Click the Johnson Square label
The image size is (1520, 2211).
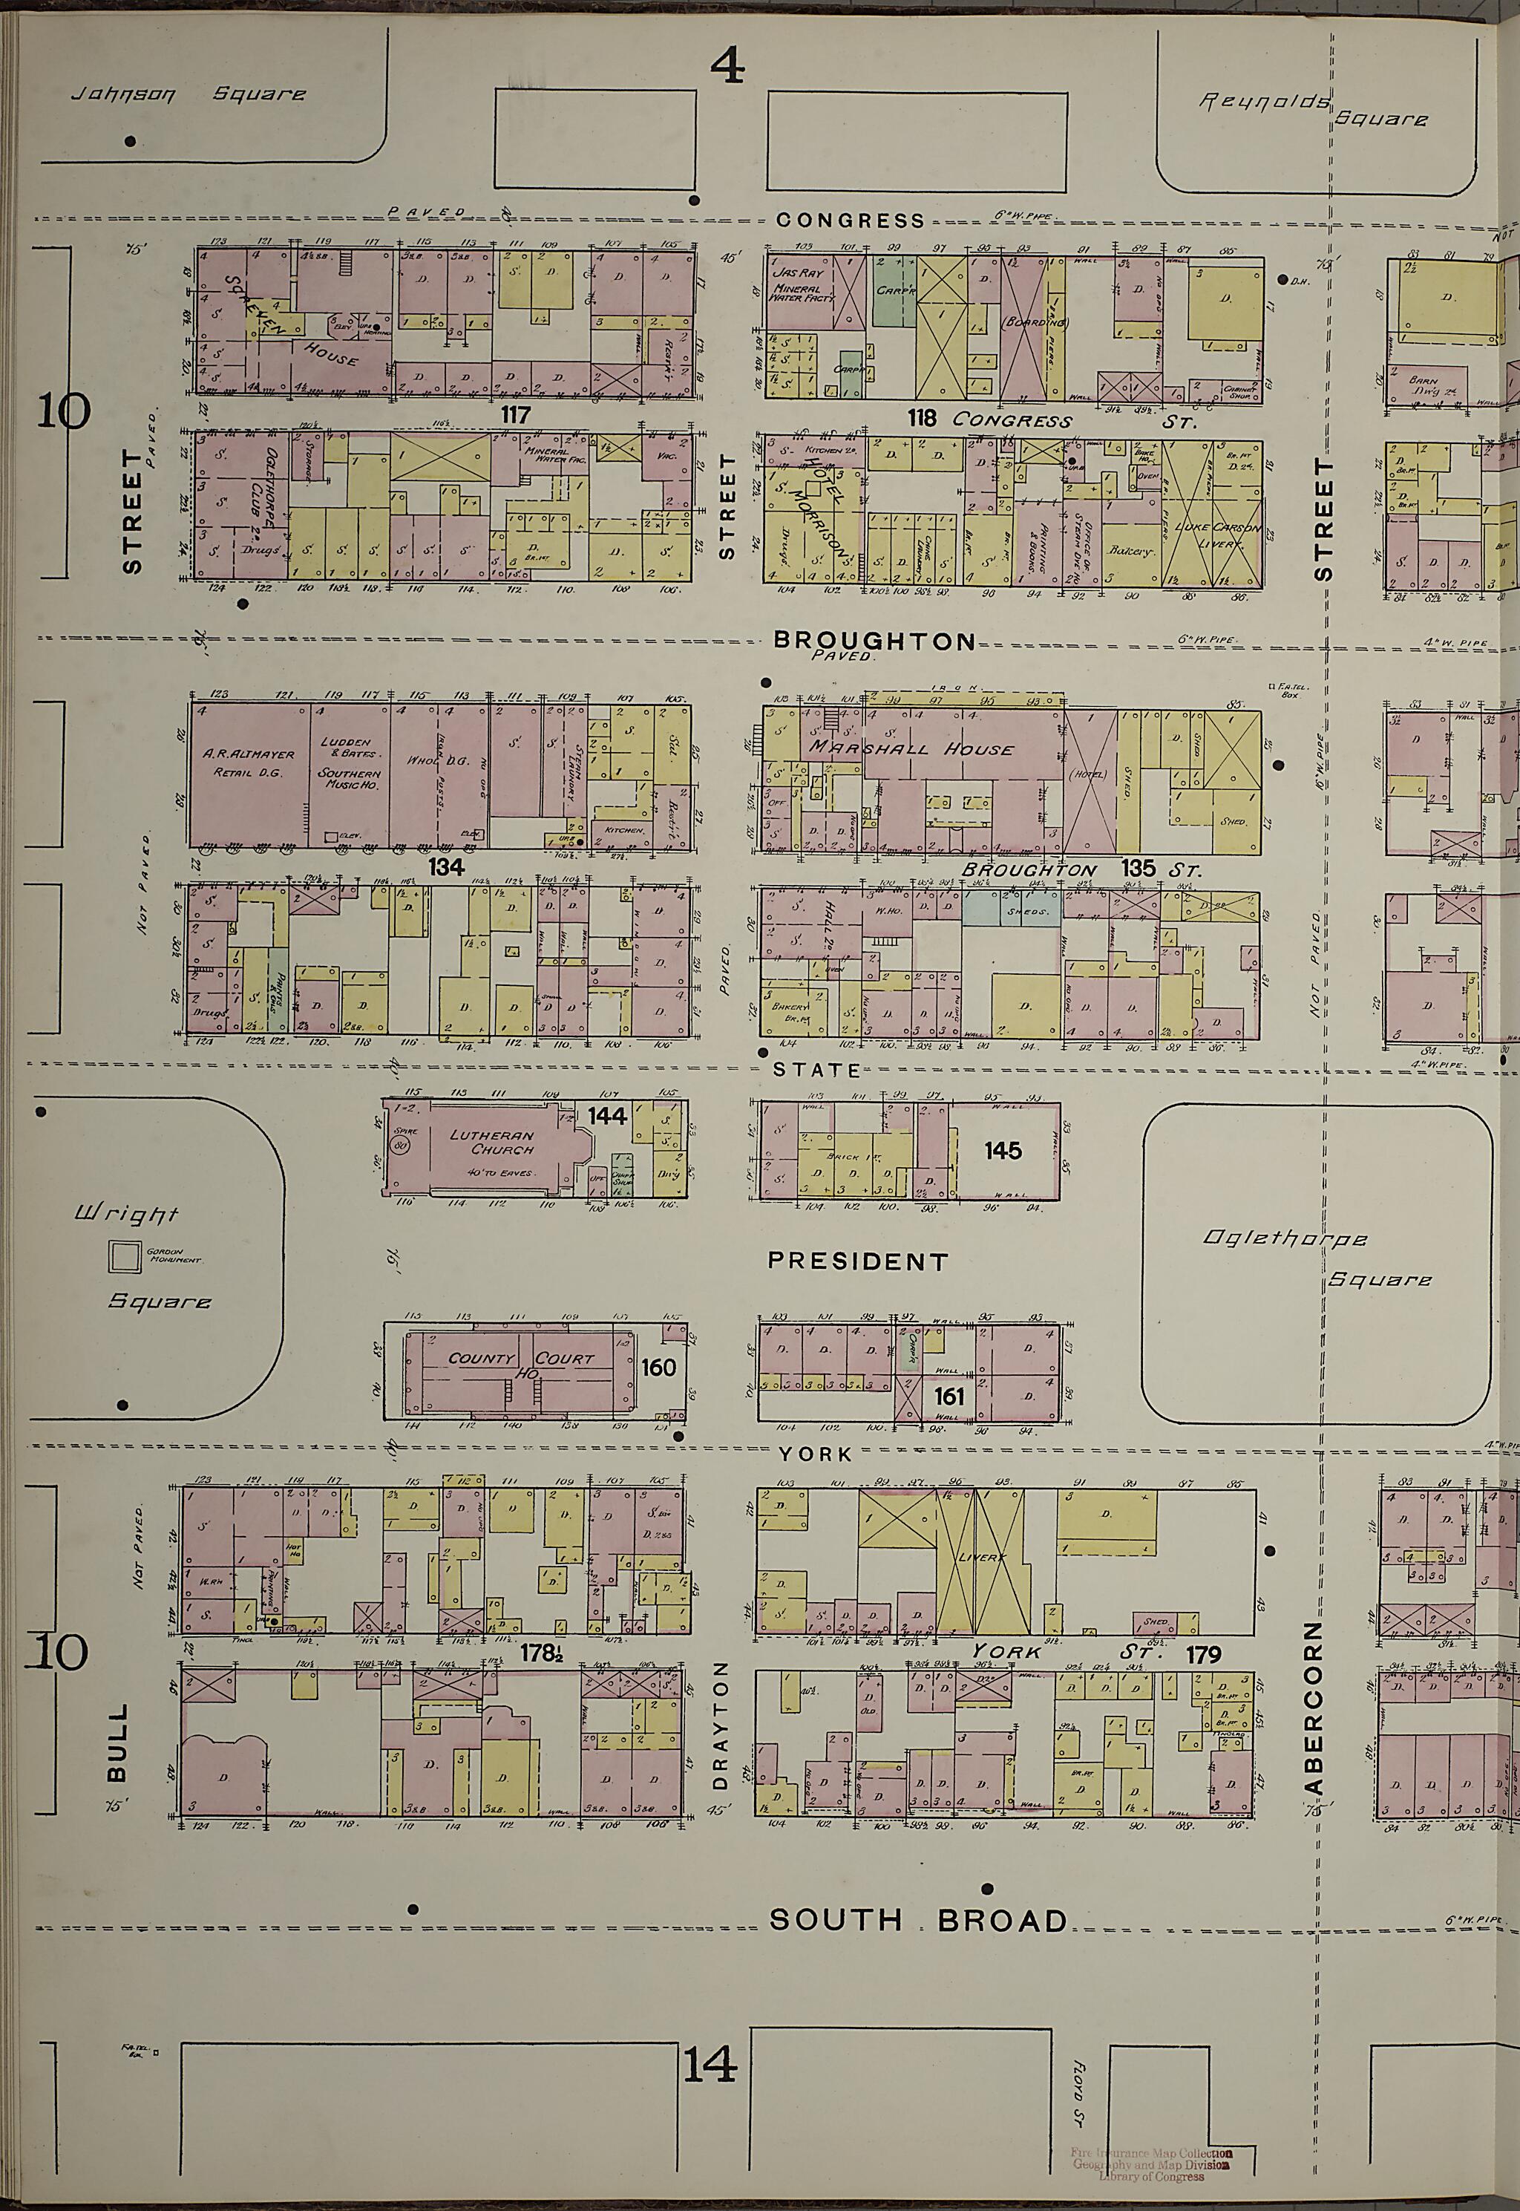189,94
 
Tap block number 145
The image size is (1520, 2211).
1003,1151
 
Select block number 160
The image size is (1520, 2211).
658,1368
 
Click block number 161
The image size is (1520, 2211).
949,1397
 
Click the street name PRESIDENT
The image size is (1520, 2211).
858,1262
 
